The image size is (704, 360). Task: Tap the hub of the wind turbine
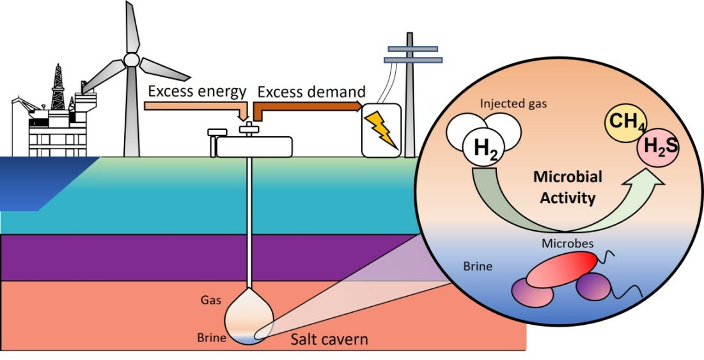[x=131, y=59]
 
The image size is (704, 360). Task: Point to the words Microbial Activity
[x=567, y=187]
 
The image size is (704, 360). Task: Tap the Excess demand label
[x=311, y=91]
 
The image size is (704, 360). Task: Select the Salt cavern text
[x=329, y=339]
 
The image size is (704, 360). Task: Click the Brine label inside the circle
[x=478, y=266]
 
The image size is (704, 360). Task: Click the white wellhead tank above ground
[x=254, y=147]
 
